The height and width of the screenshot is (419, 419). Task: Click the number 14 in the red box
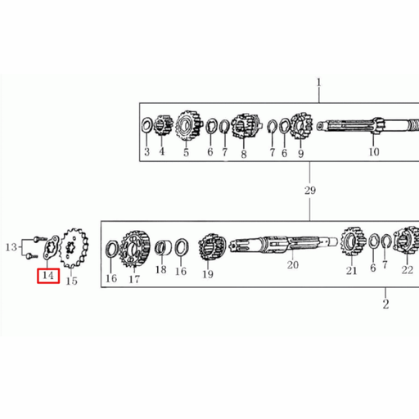pos(48,276)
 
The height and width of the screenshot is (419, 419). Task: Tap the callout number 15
pos(71,281)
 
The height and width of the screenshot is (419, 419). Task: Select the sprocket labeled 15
pos(74,248)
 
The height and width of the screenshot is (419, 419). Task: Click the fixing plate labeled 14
pos(52,247)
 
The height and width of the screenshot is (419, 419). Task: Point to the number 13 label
pos(11,247)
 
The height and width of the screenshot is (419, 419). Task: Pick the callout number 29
pos(310,190)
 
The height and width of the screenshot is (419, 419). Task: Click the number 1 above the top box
pos(318,83)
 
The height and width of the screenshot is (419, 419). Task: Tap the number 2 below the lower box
pos(385,304)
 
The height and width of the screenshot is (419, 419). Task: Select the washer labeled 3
pos(147,125)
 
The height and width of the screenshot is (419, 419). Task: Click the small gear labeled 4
pos(163,125)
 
